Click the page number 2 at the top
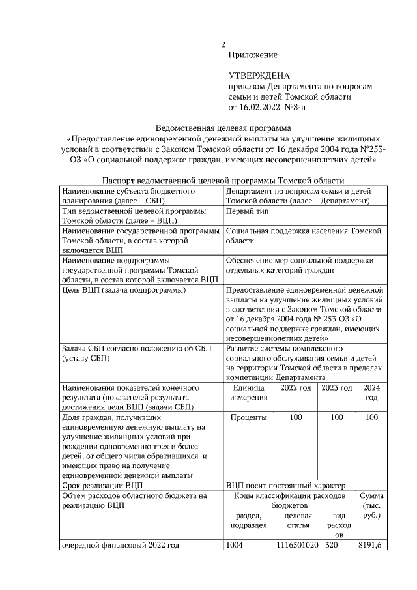[x=223, y=45]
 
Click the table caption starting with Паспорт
[x=223, y=181]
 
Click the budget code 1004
[x=234, y=544]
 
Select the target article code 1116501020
[x=297, y=544]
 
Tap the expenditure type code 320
[x=332, y=544]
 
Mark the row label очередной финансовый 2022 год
[x=120, y=544]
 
